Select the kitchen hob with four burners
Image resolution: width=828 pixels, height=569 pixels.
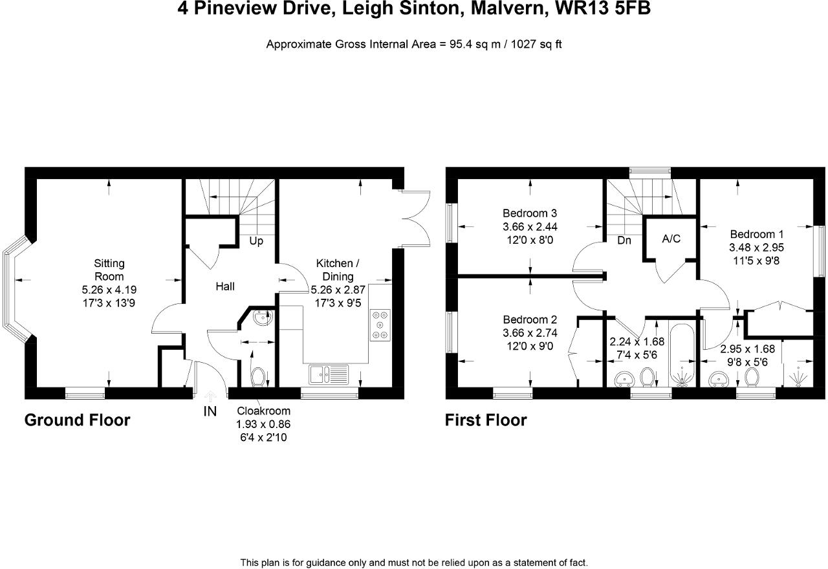tap(380, 325)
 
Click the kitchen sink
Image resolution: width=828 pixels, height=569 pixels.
tap(329, 374)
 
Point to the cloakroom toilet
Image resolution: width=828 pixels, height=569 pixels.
tap(257, 375)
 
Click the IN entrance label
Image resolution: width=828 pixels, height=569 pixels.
tap(210, 411)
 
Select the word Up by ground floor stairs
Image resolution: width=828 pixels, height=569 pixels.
tap(256, 241)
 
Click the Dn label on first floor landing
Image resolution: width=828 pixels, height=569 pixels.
tap(624, 240)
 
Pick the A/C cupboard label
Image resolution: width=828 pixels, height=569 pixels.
tap(671, 239)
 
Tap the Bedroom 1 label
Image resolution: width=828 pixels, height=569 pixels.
tap(757, 234)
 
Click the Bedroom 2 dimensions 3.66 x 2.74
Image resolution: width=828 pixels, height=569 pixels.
tap(530, 333)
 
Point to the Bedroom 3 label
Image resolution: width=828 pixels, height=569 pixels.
tap(530, 213)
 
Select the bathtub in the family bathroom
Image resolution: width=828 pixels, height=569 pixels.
tap(682, 354)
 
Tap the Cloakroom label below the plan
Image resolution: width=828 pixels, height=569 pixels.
tap(263, 411)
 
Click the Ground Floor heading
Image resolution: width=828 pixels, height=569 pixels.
tap(77, 420)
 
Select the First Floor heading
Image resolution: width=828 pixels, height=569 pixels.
tap(485, 420)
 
